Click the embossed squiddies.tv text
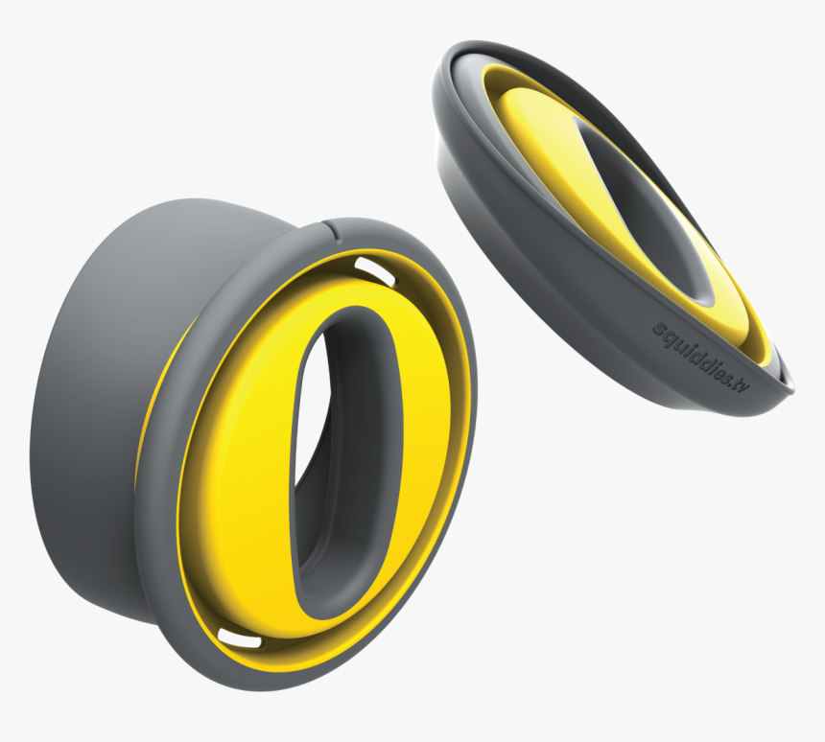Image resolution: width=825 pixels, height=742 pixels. [699, 356]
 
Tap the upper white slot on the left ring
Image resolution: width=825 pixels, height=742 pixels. [374, 268]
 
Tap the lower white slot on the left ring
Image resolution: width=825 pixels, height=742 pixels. [237, 636]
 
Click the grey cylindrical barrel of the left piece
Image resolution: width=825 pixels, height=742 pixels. [96, 403]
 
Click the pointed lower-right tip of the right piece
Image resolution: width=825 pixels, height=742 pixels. [789, 388]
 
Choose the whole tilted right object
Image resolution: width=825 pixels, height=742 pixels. [614, 220]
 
